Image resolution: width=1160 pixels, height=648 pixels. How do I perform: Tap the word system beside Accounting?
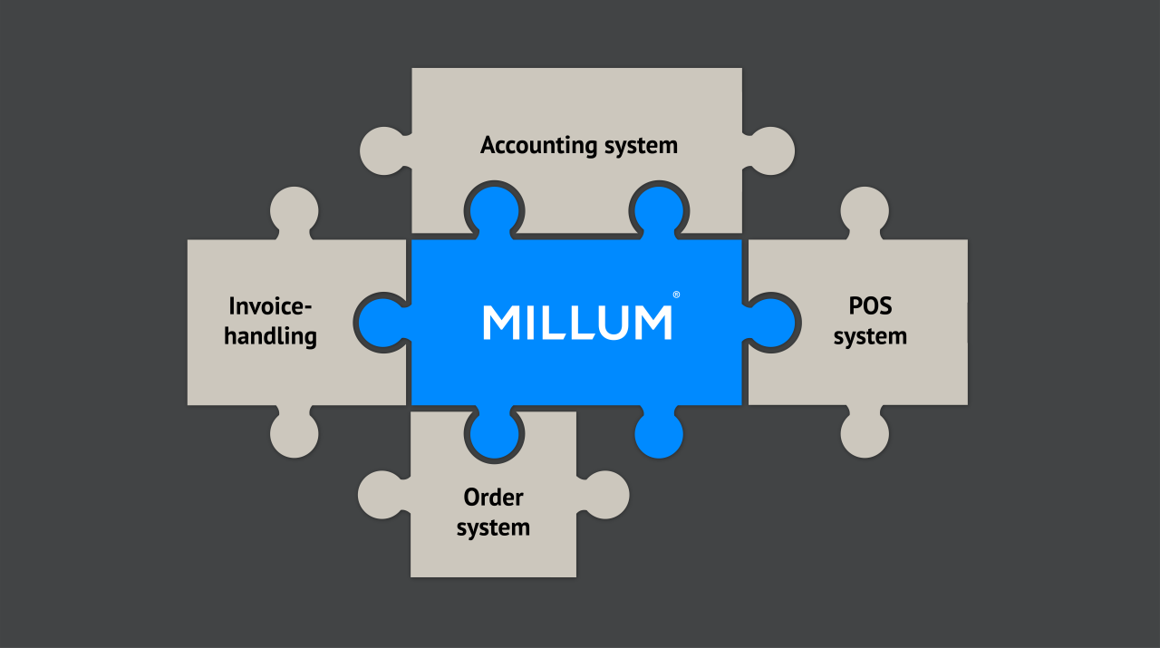(641, 145)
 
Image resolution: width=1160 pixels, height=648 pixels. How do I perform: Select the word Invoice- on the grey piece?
(271, 305)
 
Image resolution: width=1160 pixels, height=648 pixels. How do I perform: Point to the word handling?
(271, 336)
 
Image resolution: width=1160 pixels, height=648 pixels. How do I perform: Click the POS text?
(870, 305)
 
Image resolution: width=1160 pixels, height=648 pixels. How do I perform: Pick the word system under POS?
(870, 336)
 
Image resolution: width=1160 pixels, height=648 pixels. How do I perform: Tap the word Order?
(493, 497)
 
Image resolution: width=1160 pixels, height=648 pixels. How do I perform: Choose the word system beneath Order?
(493, 527)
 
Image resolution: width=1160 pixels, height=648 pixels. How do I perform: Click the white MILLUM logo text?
(577, 323)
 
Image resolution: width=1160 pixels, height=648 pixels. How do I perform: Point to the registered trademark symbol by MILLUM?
(676, 295)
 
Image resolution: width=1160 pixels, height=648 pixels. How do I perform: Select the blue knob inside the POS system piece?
(771, 322)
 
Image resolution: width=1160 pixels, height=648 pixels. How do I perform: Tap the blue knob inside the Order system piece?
(494, 433)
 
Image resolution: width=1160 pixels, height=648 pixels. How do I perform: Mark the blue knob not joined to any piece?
(659, 433)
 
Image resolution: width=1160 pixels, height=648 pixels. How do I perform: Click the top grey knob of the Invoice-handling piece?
(295, 210)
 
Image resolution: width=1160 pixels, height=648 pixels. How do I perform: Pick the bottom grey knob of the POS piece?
(865, 433)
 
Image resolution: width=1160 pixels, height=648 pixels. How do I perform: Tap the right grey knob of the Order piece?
(604, 495)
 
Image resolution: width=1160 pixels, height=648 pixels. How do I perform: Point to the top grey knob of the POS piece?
(865, 210)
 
